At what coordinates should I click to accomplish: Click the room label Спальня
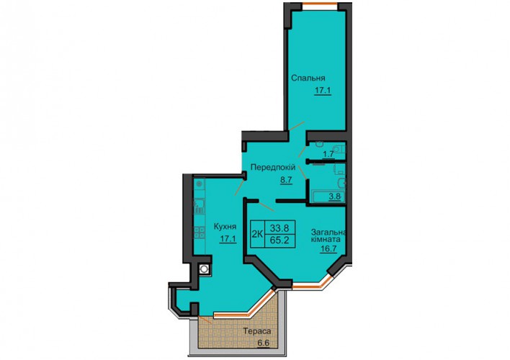coord(308,78)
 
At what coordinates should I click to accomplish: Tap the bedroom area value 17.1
coord(323,91)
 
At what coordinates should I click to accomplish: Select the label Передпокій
coord(273,168)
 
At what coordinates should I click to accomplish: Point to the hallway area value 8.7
coord(286,180)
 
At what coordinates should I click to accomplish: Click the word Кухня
coord(225,227)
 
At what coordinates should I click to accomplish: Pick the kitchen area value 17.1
coord(228,239)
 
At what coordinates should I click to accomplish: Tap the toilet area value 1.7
coord(328,154)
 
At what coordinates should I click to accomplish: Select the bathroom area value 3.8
coord(335,196)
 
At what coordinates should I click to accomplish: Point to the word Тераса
coord(257,331)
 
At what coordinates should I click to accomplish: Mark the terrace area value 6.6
coord(264,343)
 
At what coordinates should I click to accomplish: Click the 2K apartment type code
coord(258,234)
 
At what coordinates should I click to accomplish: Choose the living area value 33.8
coord(280,228)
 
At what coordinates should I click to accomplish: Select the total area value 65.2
coord(280,241)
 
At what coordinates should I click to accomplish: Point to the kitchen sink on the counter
coord(199,206)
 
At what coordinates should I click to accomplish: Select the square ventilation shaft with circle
coord(204,269)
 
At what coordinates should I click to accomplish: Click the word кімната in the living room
coord(326,239)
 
